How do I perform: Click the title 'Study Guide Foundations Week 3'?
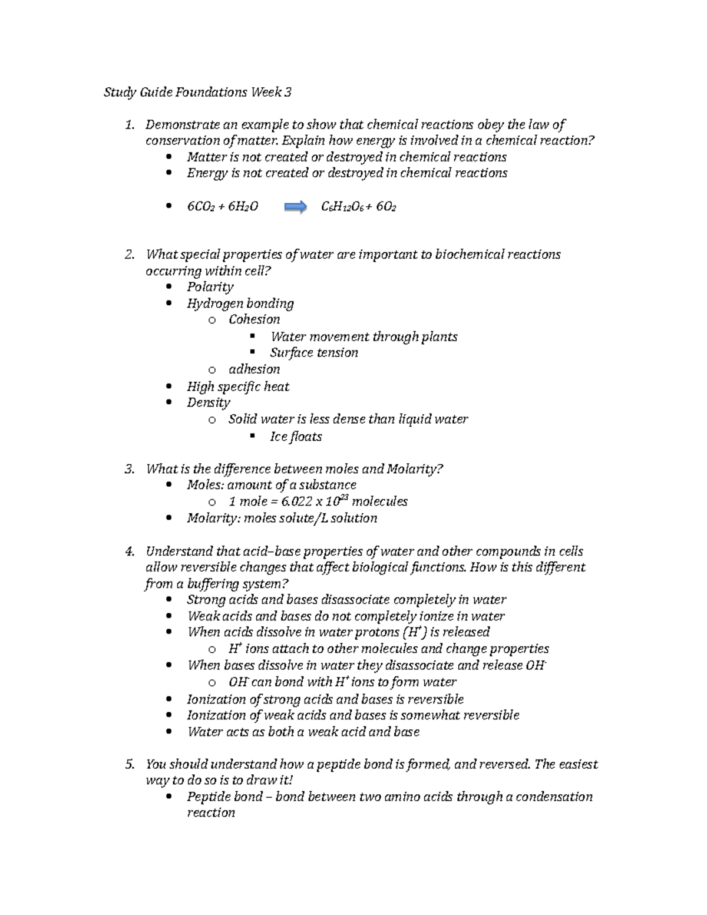click(197, 93)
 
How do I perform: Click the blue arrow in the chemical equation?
click(295, 207)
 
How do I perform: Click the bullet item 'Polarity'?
click(210, 287)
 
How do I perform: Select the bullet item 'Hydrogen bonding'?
click(240, 303)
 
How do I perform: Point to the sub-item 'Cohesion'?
click(254, 319)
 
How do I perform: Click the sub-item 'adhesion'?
click(254, 369)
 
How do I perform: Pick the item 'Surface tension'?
click(313, 353)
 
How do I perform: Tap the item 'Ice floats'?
click(295, 437)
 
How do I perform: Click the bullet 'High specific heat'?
click(237, 387)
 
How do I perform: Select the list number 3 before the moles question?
click(129, 469)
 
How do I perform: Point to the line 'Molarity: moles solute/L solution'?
click(282, 518)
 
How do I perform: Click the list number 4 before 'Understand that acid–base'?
click(129, 551)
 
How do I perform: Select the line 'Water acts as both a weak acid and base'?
click(303, 732)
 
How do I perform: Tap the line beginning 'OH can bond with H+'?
click(342, 682)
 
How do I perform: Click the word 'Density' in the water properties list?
click(208, 403)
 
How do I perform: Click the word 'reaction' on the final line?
click(210, 813)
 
